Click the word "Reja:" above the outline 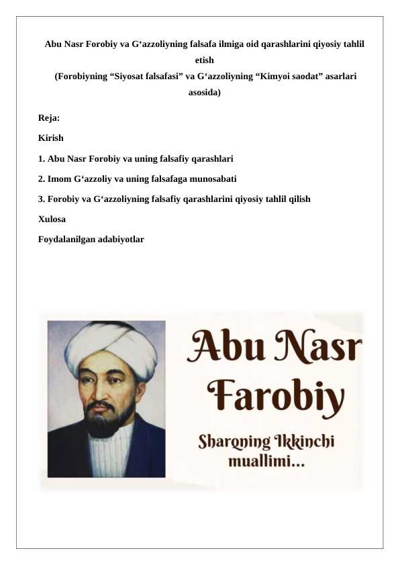49,118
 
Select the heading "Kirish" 51,138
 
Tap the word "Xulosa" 52,219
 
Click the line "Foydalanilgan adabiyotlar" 91,239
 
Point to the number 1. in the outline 42,159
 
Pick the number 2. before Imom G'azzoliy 42,179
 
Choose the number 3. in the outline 42,199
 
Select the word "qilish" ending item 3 298,199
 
